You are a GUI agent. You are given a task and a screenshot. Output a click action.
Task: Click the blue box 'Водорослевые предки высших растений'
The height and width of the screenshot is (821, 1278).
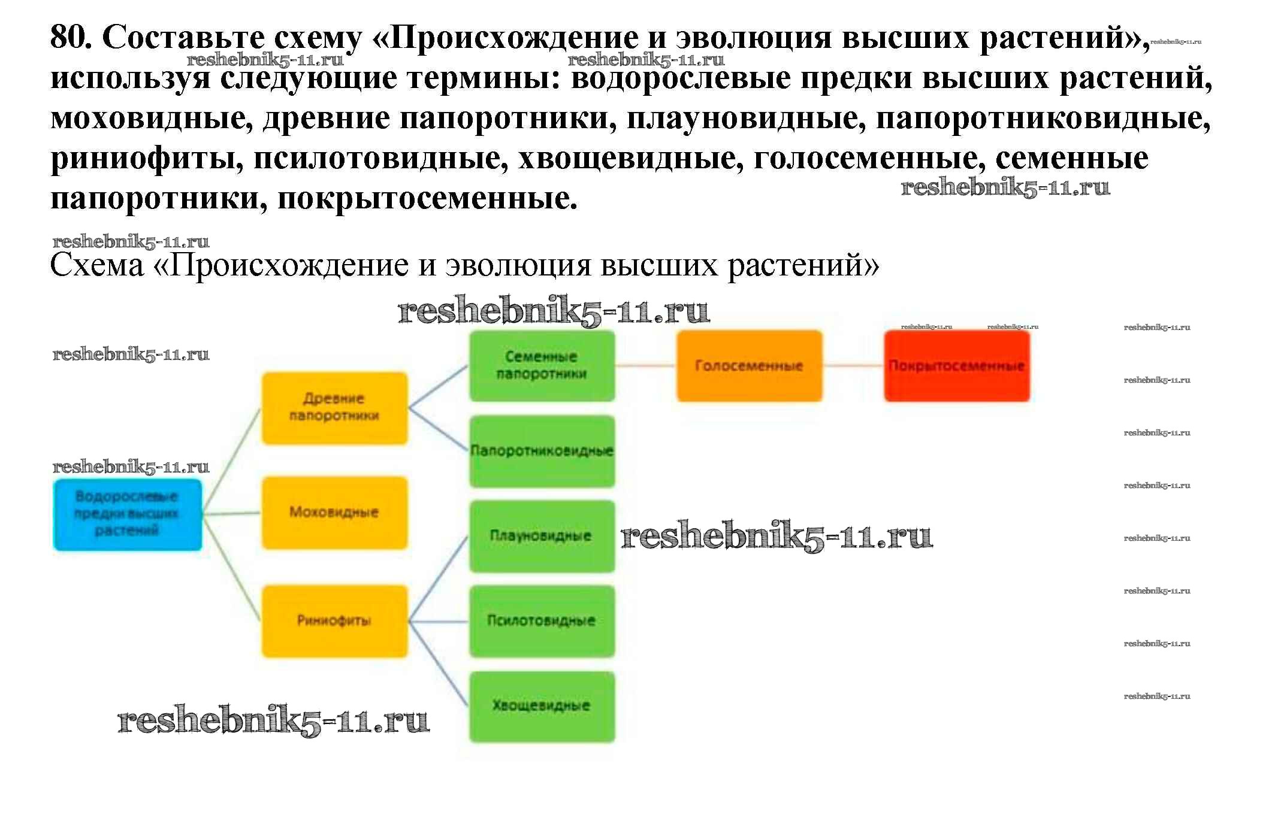click(127, 514)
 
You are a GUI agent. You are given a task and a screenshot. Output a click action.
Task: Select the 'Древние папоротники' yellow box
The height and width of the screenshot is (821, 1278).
click(334, 408)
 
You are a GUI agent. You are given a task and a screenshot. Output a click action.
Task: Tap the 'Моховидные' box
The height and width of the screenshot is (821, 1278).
click(334, 513)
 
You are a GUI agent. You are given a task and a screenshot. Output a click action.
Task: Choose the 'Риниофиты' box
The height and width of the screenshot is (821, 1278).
click(334, 621)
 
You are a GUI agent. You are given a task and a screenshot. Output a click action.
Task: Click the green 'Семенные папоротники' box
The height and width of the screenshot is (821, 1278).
click(542, 365)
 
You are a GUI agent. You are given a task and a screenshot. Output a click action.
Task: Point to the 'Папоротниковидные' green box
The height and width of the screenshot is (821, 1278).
click(542, 451)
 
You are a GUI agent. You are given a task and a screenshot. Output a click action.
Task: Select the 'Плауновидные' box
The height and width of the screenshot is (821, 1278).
click(542, 536)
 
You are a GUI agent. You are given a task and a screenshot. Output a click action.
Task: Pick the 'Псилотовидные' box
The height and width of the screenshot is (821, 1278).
click(542, 621)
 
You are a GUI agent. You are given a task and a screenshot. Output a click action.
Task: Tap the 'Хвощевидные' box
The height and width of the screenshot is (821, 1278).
click(542, 706)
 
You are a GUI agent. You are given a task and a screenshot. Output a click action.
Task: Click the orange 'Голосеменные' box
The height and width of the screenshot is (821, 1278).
click(749, 365)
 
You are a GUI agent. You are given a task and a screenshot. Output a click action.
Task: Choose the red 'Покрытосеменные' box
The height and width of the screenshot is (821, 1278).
click(956, 365)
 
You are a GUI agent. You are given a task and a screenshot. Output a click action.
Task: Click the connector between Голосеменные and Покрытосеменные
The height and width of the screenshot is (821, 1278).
click(853, 365)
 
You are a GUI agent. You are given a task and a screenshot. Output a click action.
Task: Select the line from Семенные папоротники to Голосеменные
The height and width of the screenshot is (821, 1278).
click(646, 365)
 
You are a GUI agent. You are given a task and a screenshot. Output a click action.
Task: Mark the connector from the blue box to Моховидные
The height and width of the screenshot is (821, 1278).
click(231, 513)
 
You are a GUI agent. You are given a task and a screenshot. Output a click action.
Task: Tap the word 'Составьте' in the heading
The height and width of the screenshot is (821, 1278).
click(183, 38)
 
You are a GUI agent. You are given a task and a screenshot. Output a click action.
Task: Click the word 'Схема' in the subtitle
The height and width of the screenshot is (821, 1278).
click(97, 265)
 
